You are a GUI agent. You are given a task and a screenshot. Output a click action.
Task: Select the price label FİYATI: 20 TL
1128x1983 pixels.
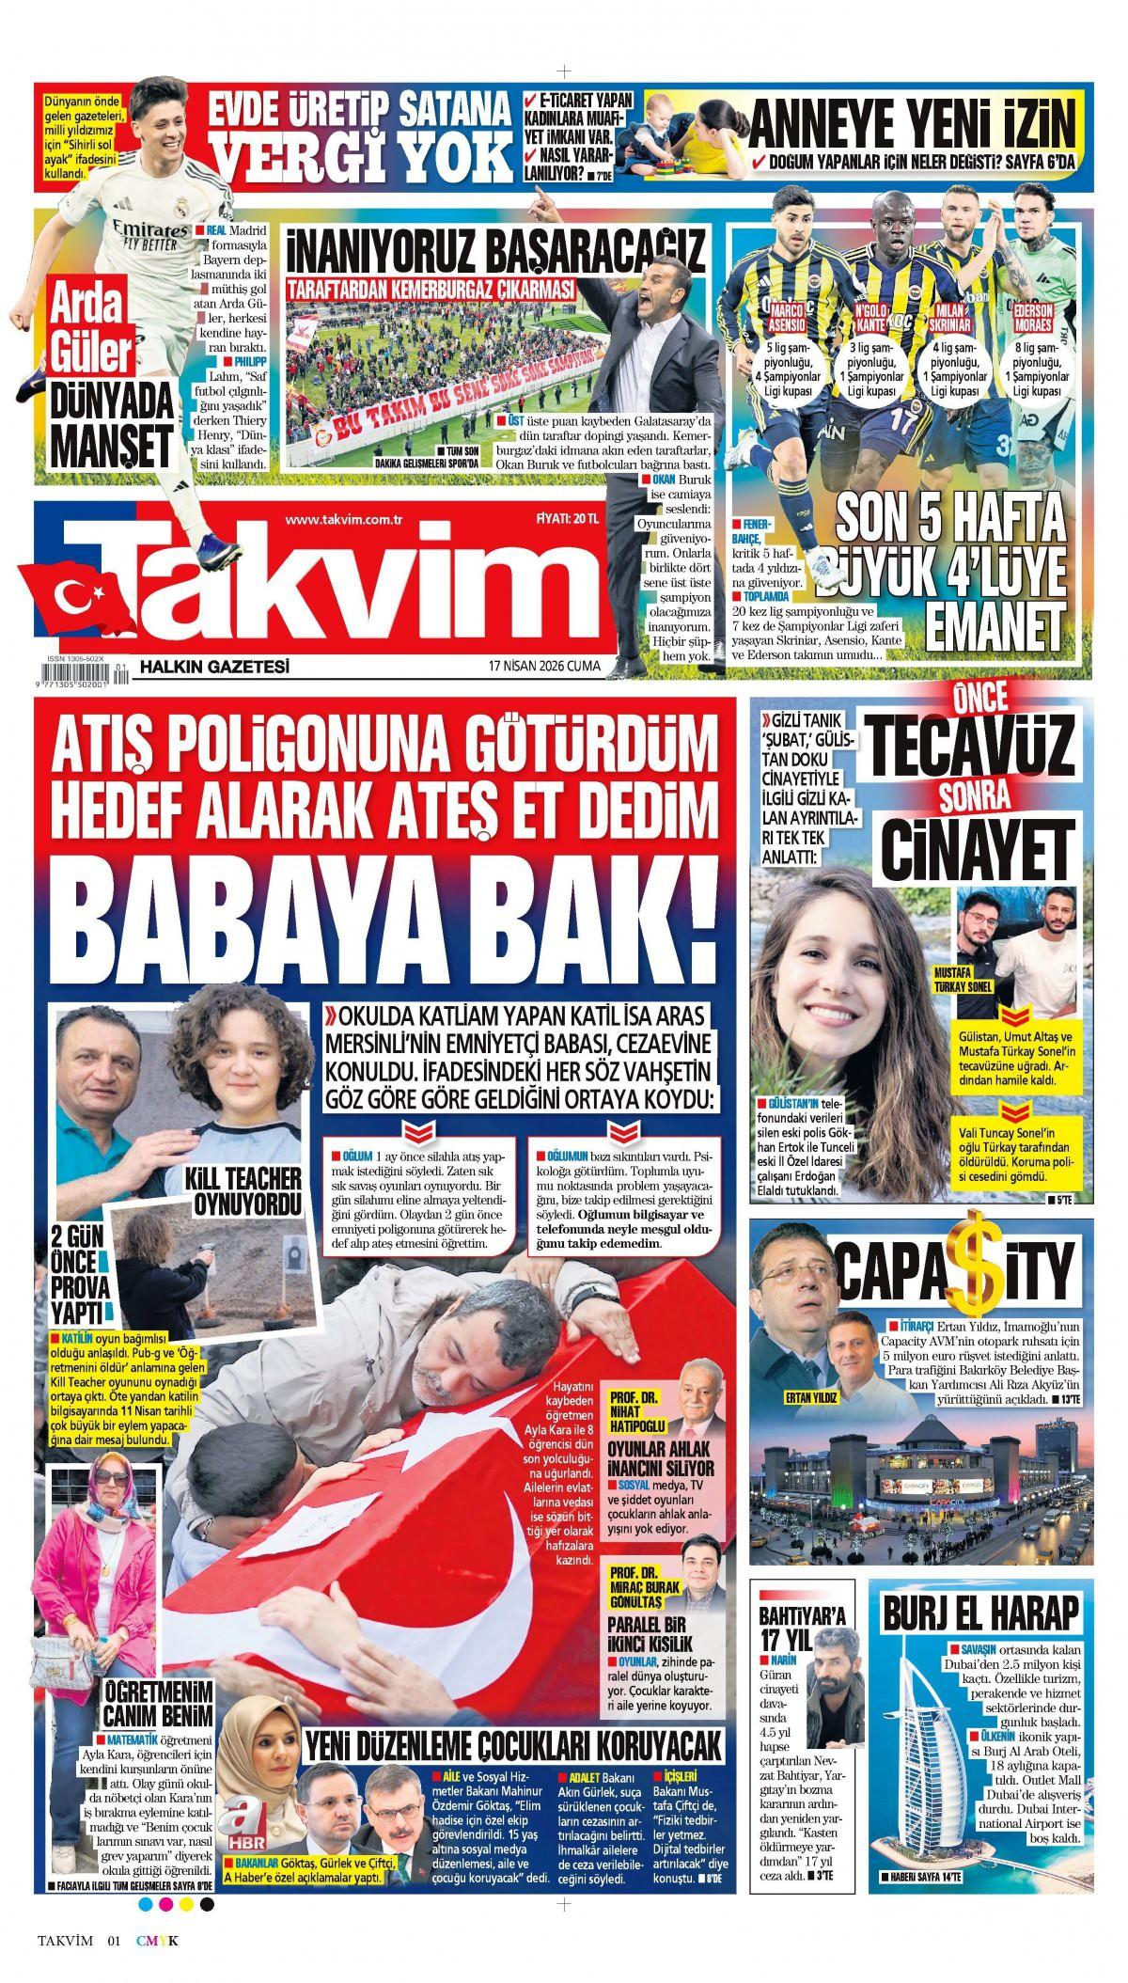[566, 519]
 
